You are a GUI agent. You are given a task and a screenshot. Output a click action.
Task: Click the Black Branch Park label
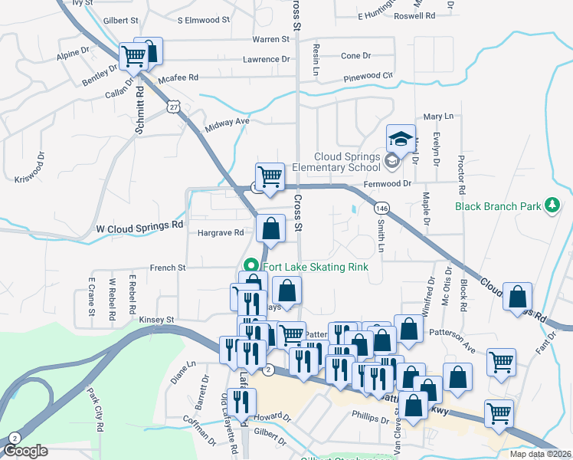[x=498, y=205]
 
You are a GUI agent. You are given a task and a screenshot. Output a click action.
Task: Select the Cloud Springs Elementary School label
[x=347, y=162]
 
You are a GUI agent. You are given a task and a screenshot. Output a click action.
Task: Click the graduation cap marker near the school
[x=401, y=139]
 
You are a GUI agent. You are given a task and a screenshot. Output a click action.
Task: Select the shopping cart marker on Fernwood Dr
[x=270, y=176]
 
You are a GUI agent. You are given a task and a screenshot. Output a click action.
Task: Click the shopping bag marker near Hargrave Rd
[x=271, y=228]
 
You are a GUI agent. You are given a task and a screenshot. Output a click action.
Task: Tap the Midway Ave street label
[x=228, y=121]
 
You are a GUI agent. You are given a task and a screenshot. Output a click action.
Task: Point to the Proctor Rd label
[x=461, y=178]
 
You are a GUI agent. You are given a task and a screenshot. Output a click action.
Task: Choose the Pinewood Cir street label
[x=368, y=76]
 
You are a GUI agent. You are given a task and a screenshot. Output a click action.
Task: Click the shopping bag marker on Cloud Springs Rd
[x=519, y=297]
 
